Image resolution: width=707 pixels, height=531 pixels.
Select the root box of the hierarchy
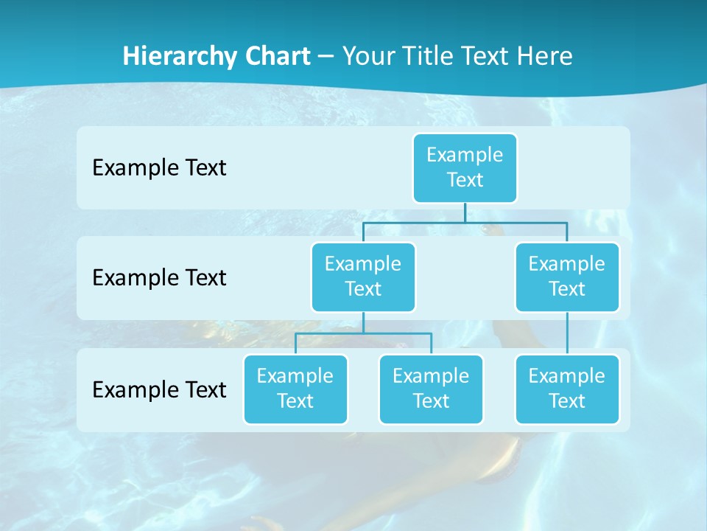coord(465,167)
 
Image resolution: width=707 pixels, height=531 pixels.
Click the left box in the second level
coord(363,277)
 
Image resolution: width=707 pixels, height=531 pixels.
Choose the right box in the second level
coord(567,277)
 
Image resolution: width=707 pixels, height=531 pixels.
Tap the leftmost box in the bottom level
coord(295,389)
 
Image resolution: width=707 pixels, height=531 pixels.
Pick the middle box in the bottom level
coord(431,389)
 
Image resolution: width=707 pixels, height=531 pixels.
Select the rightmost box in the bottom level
coord(567,389)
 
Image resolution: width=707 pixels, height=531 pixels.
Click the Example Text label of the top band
coord(159,168)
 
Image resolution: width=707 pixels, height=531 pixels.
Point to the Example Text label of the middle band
coord(159,278)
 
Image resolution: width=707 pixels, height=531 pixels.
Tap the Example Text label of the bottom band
coord(159,389)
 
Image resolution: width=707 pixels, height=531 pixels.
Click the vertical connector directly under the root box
coord(465,212)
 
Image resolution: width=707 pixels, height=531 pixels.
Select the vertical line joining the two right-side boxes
coord(567,333)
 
